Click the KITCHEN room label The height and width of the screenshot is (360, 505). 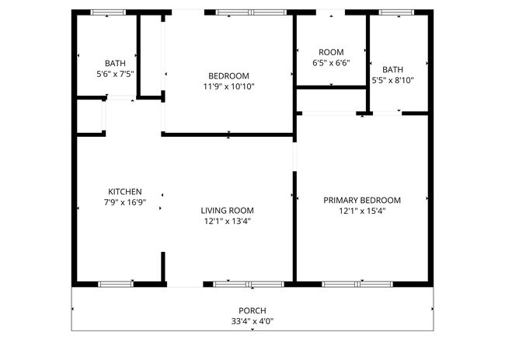(125, 192)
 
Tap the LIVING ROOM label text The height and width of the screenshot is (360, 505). (228, 211)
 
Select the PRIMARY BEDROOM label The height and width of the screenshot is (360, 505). (362, 201)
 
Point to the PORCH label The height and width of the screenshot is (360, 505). (252, 311)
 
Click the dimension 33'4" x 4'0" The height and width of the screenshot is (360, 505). (252, 321)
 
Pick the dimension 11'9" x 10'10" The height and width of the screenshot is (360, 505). (229, 86)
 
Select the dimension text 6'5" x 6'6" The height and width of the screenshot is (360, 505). (331, 62)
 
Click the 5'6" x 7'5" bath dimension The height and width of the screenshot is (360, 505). (115, 74)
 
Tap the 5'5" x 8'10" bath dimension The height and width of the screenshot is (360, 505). (392, 80)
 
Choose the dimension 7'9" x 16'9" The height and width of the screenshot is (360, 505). (125, 202)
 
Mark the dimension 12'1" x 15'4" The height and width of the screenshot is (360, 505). (362, 211)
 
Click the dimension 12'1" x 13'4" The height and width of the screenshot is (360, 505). (228, 222)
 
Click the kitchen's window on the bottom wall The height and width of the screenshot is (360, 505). (116, 285)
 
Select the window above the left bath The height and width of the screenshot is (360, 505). (108, 12)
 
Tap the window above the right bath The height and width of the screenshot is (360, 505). (396, 12)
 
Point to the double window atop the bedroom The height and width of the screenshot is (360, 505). (251, 12)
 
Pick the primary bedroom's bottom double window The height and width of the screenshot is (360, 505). (357, 285)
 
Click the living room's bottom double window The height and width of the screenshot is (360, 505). (249, 285)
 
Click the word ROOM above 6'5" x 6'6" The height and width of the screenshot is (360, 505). (331, 52)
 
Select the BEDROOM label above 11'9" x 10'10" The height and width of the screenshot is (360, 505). (229, 76)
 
